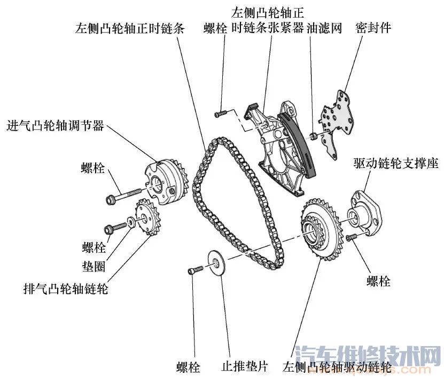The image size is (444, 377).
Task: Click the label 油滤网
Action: pos(324,28)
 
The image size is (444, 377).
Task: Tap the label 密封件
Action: pos(373,28)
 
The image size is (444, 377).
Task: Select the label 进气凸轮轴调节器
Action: pos(55,126)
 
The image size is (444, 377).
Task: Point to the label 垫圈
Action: pos(94,265)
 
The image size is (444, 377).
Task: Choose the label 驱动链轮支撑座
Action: pos(395,163)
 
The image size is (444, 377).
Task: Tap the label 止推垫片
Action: pos(244,367)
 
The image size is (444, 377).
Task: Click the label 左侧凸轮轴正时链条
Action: pos(130,28)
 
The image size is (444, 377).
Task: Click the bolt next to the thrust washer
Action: pos(195,271)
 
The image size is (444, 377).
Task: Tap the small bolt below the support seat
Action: pos(352,237)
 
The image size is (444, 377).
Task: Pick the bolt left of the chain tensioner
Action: pos(221,113)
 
